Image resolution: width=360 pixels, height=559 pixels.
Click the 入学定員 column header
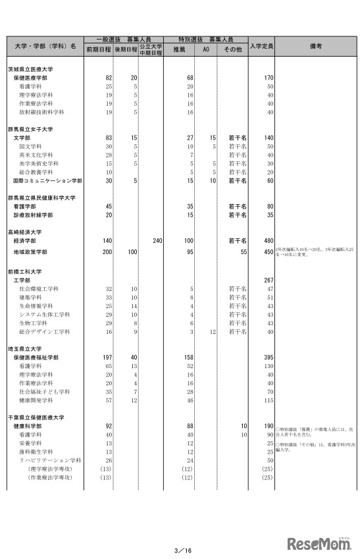(x=261, y=46)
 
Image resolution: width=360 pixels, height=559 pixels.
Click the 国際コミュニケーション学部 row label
(x=47, y=180)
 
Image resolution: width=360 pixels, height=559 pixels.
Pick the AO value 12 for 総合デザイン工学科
(x=212, y=331)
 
